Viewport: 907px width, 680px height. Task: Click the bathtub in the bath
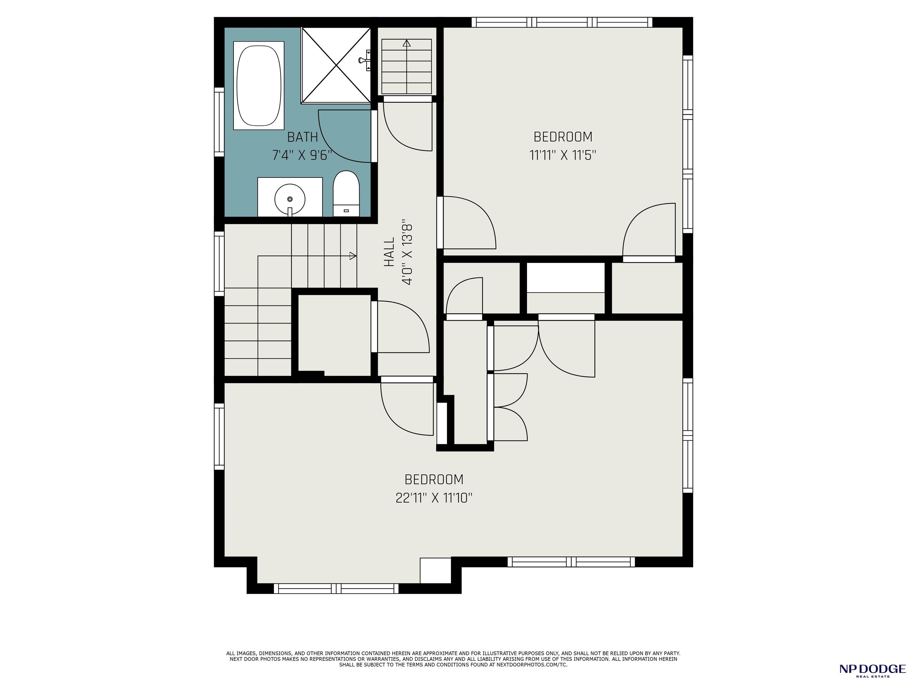point(259,85)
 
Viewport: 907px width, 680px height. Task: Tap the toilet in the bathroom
point(346,194)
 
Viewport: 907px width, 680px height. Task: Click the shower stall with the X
point(336,65)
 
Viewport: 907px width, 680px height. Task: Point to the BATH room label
point(302,136)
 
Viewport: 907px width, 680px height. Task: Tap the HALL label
point(389,252)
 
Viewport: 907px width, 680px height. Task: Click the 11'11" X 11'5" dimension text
point(562,155)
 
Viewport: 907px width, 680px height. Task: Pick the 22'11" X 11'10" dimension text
point(434,498)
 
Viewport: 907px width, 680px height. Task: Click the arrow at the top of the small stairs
point(407,42)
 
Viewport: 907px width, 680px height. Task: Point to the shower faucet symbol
point(364,60)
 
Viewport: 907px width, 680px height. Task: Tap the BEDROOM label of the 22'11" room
point(434,479)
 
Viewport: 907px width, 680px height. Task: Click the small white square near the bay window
point(435,570)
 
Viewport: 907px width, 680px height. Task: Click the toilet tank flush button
point(346,211)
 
